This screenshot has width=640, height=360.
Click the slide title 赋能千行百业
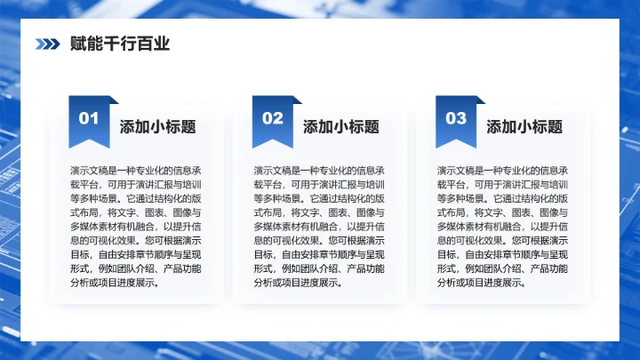click(x=119, y=44)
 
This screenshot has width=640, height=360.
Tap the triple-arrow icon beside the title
click(x=47, y=44)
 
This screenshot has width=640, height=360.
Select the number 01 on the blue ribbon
click(x=89, y=118)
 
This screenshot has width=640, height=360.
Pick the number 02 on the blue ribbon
click(x=272, y=118)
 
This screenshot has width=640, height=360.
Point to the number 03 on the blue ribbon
click(x=456, y=118)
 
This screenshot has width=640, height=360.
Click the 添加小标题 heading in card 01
click(x=158, y=126)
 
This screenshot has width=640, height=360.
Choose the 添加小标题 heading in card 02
click(x=341, y=126)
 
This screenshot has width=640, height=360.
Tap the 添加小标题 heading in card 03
click(x=524, y=126)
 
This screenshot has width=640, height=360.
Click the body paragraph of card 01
click(x=136, y=227)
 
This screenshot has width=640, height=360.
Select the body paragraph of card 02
click(x=319, y=227)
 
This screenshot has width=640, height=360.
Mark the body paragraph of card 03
click(x=503, y=227)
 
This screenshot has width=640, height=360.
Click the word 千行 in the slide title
click(x=119, y=44)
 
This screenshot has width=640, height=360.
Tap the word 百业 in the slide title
click(x=152, y=44)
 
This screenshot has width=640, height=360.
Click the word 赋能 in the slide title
click(x=86, y=44)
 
